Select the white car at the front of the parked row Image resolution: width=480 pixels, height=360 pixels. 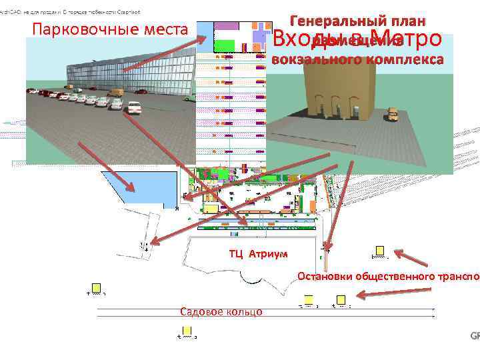pos(133,107)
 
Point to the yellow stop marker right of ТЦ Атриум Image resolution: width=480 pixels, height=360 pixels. pos(379,252)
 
